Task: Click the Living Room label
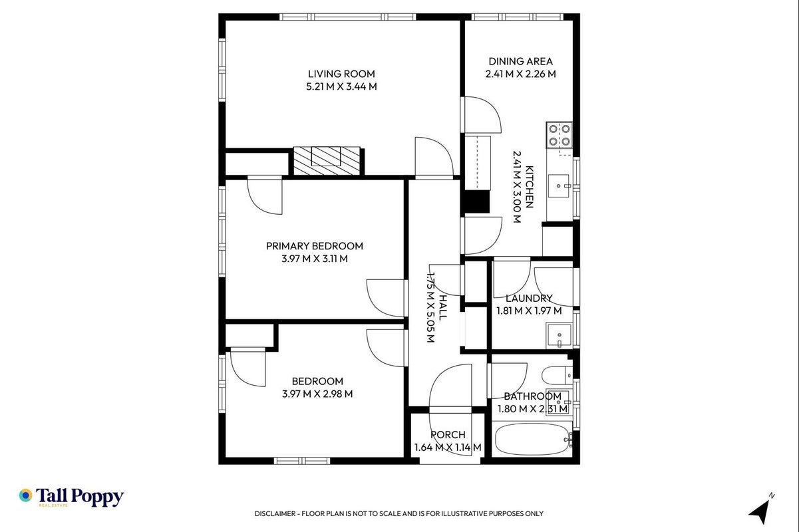[341, 74]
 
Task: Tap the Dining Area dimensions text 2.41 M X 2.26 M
[520, 74]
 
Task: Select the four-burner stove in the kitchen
[559, 135]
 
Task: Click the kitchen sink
[559, 186]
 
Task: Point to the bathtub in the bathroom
[532, 440]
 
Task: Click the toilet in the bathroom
[557, 375]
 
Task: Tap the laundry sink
[559, 336]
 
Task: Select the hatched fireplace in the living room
[327, 161]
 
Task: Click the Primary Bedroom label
[315, 246]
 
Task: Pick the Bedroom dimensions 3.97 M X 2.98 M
[317, 394]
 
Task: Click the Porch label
[448, 435]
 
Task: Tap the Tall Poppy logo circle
[26, 495]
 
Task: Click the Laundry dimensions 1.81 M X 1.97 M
[529, 311]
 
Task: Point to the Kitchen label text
[530, 186]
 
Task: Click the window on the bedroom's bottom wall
[302, 461]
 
